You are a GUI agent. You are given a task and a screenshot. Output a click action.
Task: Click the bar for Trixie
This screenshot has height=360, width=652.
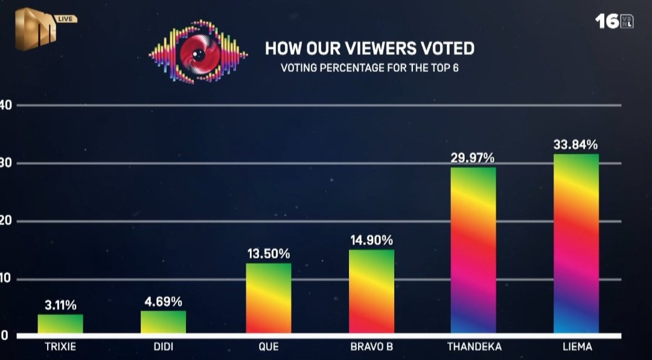pos(60,324)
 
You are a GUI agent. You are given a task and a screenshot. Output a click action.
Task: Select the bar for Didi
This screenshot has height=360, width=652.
pos(163,322)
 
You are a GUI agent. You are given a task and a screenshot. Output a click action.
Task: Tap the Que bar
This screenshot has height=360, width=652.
pos(269,298)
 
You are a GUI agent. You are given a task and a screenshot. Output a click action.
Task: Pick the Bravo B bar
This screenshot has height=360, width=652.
pos(372,291)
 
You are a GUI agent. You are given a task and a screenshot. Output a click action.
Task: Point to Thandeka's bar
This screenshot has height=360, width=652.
pos(473,250)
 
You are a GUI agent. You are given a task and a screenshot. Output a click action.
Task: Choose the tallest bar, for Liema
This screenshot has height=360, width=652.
pos(576,243)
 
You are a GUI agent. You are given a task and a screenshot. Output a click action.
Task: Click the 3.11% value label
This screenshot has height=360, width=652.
pos(60,305)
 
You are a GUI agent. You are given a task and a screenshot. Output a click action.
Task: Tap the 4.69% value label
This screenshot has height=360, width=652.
pos(163,301)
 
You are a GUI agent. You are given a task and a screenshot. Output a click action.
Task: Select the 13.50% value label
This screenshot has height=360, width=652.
pos(269,254)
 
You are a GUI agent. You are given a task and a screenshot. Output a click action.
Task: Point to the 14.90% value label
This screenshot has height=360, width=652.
pos(372,240)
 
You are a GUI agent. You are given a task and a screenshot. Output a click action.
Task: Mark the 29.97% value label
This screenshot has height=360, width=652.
pos(473,158)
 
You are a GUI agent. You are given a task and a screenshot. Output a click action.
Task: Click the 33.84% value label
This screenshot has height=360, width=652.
pos(576,145)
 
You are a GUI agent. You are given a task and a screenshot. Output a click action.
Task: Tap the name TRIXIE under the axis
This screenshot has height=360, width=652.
pos(60,347)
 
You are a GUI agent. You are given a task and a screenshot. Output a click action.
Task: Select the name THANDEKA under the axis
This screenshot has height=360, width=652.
pos(474,347)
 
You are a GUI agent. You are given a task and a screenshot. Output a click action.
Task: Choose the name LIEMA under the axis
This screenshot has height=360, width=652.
pos(576,347)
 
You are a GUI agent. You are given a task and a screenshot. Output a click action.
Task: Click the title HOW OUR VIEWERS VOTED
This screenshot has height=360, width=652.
pos(369,48)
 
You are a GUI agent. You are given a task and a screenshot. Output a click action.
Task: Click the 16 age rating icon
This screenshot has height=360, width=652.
pos(614,21)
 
